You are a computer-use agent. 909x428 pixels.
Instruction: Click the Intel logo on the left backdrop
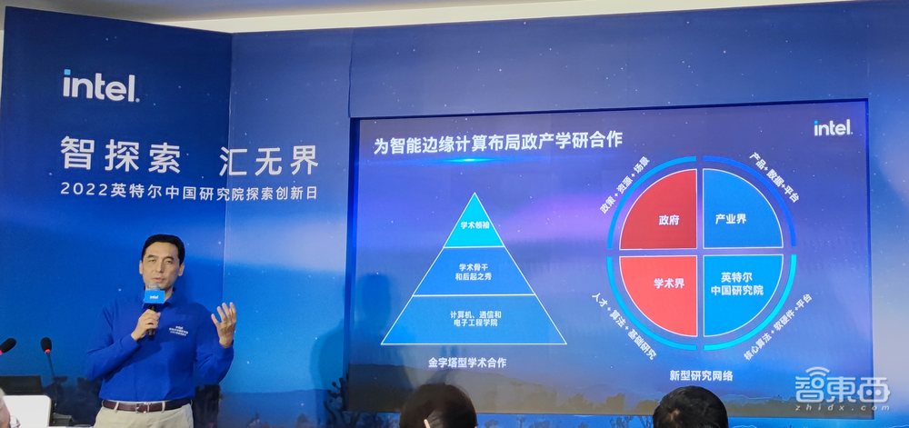[x=100, y=85]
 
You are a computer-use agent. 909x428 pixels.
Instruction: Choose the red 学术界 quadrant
[x=665, y=290]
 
